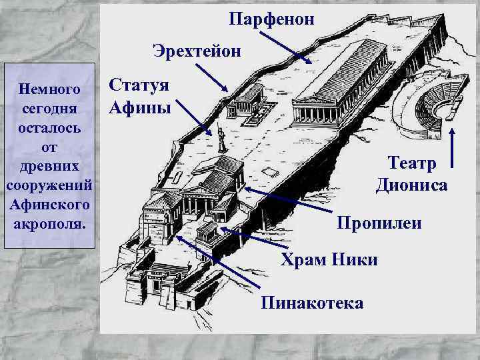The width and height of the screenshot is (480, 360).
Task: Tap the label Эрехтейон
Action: coord(196,50)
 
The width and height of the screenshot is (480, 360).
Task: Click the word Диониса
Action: coord(411,184)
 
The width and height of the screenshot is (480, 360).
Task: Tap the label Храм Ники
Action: coord(329,259)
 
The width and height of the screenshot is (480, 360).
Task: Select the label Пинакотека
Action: coord(313,303)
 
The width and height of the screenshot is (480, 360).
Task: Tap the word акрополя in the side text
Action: coord(50,221)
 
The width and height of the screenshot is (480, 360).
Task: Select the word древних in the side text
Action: coord(50,164)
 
